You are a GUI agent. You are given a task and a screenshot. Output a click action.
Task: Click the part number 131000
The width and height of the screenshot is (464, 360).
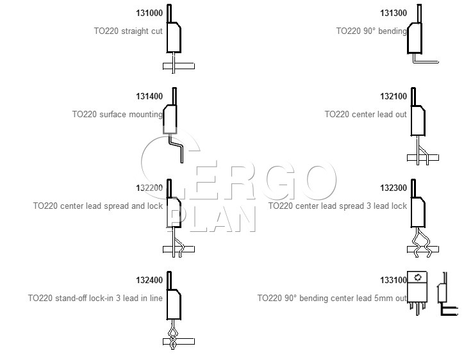click(149, 13)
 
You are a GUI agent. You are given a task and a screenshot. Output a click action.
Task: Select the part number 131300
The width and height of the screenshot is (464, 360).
click(394, 13)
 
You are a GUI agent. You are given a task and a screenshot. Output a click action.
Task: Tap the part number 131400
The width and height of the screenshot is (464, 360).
click(149, 97)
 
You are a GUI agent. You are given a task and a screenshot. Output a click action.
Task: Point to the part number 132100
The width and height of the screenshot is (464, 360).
click(394, 97)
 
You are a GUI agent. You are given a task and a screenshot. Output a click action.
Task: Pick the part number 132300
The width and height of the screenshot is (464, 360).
click(394, 188)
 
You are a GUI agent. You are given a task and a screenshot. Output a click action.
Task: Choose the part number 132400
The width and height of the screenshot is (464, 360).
click(149, 280)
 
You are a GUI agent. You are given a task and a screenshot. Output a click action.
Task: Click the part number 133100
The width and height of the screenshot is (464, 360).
click(394, 280)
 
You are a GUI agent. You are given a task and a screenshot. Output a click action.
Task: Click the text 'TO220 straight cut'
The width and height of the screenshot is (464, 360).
click(128, 31)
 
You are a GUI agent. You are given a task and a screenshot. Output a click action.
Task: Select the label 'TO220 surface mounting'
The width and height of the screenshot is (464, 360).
click(117, 115)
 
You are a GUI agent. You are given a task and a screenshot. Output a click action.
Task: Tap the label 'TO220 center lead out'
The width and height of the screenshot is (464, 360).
click(365, 115)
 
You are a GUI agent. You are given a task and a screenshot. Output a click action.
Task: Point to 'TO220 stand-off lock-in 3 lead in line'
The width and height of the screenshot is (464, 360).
click(95, 298)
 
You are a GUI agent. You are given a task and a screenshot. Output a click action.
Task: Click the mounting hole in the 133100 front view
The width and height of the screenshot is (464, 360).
click(418, 277)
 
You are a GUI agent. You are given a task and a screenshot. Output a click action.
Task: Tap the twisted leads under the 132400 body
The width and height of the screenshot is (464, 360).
click(173, 334)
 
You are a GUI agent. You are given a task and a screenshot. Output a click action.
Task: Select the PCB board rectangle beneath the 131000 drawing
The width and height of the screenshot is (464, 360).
click(179, 66)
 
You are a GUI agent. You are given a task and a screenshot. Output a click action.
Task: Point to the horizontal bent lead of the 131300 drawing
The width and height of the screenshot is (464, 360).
click(426, 62)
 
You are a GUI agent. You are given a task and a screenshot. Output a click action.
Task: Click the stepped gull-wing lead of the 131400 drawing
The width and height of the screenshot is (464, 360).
click(176, 147)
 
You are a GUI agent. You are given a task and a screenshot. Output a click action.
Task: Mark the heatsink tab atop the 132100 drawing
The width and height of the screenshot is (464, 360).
click(413, 97)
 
